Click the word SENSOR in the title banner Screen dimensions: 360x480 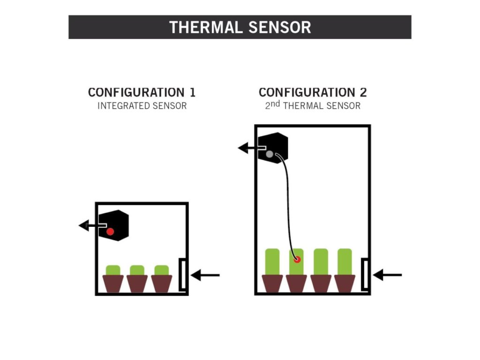(x=281, y=27)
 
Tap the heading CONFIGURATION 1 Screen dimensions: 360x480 (x=142, y=92)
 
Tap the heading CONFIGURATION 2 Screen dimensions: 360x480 (x=312, y=92)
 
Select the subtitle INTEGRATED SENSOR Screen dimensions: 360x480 (x=142, y=106)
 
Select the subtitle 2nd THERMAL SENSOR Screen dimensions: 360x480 (x=312, y=105)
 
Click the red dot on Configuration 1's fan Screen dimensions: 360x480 (x=110, y=231)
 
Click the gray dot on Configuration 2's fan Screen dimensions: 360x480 (x=270, y=154)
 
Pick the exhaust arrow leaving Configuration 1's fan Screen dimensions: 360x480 (x=89, y=226)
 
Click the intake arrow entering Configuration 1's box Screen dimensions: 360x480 (x=205, y=275)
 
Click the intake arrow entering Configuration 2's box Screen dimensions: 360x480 (x=387, y=275)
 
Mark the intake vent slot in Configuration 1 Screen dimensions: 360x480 (x=182, y=275)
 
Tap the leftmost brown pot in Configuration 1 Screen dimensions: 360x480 (x=113, y=283)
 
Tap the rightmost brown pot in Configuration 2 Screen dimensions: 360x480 (x=345, y=283)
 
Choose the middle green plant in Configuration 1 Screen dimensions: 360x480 (x=137, y=270)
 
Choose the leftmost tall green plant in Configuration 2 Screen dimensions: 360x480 (x=272, y=261)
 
